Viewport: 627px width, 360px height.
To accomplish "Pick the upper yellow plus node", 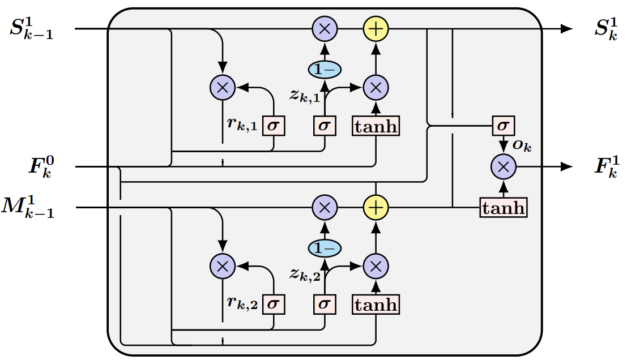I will tap(375, 29).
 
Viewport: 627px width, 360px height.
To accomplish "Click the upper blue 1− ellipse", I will tap(325, 69).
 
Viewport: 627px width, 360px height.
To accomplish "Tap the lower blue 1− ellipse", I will tap(325, 248).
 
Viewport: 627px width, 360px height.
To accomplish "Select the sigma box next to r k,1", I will tap(274, 126).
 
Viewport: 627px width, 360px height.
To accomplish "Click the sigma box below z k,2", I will tap(324, 305).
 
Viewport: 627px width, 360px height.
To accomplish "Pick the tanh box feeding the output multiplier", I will tap(504, 208).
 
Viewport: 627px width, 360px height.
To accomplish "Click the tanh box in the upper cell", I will tap(376, 126).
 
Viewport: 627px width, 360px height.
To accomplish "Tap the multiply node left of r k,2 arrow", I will tap(222, 265).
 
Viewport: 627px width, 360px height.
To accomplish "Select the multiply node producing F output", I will tap(503, 166).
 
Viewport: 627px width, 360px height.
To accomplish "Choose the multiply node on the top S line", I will tap(325, 29).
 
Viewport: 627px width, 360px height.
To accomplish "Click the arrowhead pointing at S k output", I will tap(566, 29).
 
